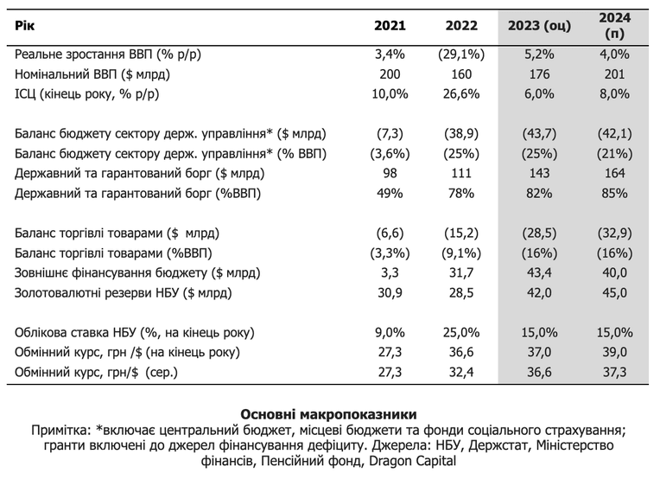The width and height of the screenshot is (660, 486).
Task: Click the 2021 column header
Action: pyautogui.click(x=390, y=26)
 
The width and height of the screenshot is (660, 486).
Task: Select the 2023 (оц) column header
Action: pyautogui.click(x=539, y=26)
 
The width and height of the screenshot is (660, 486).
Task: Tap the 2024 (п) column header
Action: pyautogui.click(x=614, y=25)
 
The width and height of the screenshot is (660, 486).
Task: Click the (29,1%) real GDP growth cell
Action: pyautogui.click(x=461, y=54)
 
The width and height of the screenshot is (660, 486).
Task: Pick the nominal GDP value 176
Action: pyautogui.click(x=539, y=74)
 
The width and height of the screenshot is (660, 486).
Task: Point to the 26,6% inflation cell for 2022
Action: pyautogui.click(x=461, y=94)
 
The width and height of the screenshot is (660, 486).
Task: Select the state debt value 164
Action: pyautogui.click(x=614, y=173)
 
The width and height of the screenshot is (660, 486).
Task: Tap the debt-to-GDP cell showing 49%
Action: pyautogui.click(x=390, y=193)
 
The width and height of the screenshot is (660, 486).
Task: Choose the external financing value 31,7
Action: pyautogui.click(x=461, y=272)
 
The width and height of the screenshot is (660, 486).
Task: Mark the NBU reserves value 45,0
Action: pyautogui.click(x=614, y=292)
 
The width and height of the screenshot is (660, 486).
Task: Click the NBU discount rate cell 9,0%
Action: pyautogui.click(x=390, y=332)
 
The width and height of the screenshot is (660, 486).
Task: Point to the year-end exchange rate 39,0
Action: pyautogui.click(x=614, y=352)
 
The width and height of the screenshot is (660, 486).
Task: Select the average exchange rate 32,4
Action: pyautogui.click(x=461, y=372)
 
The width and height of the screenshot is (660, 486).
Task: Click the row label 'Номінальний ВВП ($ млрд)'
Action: pyautogui.click(x=92, y=74)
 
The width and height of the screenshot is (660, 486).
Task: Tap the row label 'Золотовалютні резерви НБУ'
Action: pyautogui.click(x=97, y=292)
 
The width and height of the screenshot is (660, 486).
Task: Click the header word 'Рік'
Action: pyautogui.click(x=24, y=26)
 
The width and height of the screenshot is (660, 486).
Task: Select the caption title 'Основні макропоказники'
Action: pyautogui.click(x=329, y=414)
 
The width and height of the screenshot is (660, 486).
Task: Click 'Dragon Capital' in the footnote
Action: pyautogui.click(x=413, y=461)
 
